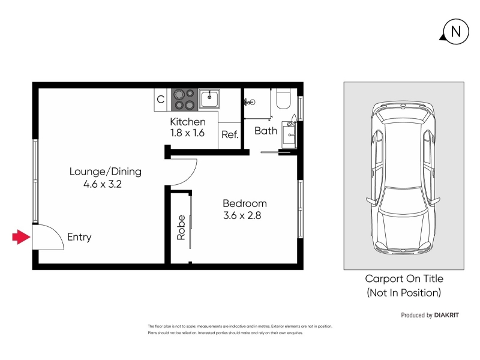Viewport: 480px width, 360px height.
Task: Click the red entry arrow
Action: (21, 237)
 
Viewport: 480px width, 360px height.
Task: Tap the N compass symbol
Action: (455, 32)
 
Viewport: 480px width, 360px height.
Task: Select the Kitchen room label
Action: (188, 122)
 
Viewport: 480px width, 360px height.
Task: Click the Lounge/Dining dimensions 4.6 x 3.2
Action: (103, 184)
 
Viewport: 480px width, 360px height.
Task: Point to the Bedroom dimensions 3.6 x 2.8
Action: (242, 215)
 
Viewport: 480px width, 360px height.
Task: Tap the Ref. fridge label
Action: (230, 134)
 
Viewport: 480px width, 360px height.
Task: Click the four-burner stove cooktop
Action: (184, 100)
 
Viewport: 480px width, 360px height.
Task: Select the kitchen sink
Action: (209, 99)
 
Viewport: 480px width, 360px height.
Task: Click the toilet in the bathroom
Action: (283, 98)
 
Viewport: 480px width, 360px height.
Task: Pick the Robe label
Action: (181, 227)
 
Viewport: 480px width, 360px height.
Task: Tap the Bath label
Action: (266, 131)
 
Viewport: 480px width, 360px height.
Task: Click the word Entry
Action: (79, 237)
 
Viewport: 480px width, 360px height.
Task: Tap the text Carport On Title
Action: (404, 278)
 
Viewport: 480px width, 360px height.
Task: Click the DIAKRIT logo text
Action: (446, 315)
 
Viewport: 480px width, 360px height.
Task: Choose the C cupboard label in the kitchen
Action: (160, 100)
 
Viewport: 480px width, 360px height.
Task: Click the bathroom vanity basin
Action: (289, 134)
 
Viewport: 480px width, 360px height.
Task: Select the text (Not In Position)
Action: (404, 293)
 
